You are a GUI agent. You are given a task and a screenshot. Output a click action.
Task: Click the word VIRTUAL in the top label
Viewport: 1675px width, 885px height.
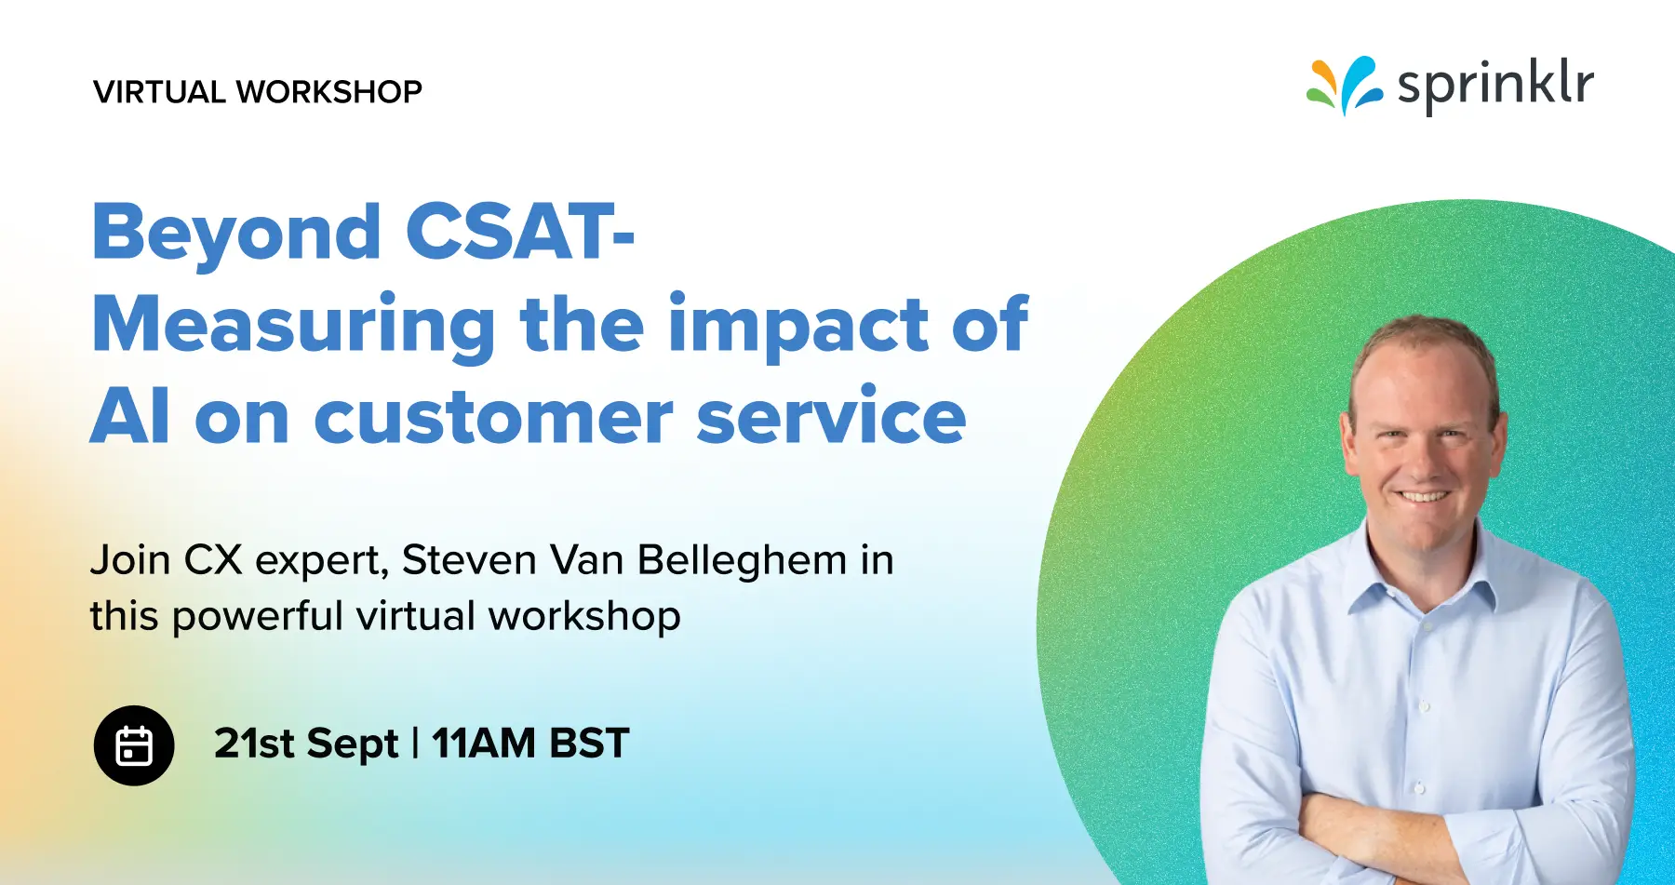coord(159,92)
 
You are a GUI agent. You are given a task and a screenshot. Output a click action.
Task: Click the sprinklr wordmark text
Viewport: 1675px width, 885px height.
coord(1494,85)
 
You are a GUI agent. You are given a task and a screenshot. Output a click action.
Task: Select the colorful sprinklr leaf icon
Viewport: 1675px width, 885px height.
coord(1343,86)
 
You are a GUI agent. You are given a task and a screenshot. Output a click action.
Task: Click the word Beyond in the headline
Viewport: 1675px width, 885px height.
coord(236,233)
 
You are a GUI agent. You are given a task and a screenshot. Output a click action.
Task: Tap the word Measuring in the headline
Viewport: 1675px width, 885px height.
coord(294,326)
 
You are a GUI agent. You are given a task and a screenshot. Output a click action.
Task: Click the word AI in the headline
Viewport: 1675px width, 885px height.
coord(130,417)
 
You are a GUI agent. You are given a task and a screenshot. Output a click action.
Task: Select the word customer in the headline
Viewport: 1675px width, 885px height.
coord(493,418)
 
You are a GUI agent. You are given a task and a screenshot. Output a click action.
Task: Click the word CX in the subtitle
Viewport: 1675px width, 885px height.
coord(213,560)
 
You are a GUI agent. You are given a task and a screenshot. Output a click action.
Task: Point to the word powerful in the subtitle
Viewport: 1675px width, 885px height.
coord(258,617)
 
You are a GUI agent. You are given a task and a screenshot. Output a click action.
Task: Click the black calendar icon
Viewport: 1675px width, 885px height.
coord(134,745)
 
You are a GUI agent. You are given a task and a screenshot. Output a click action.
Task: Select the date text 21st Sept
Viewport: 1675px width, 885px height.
coord(306,744)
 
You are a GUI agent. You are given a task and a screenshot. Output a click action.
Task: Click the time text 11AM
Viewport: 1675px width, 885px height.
coord(484,744)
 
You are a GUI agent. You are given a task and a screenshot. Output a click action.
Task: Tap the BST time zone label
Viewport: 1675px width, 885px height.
coord(589,744)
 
